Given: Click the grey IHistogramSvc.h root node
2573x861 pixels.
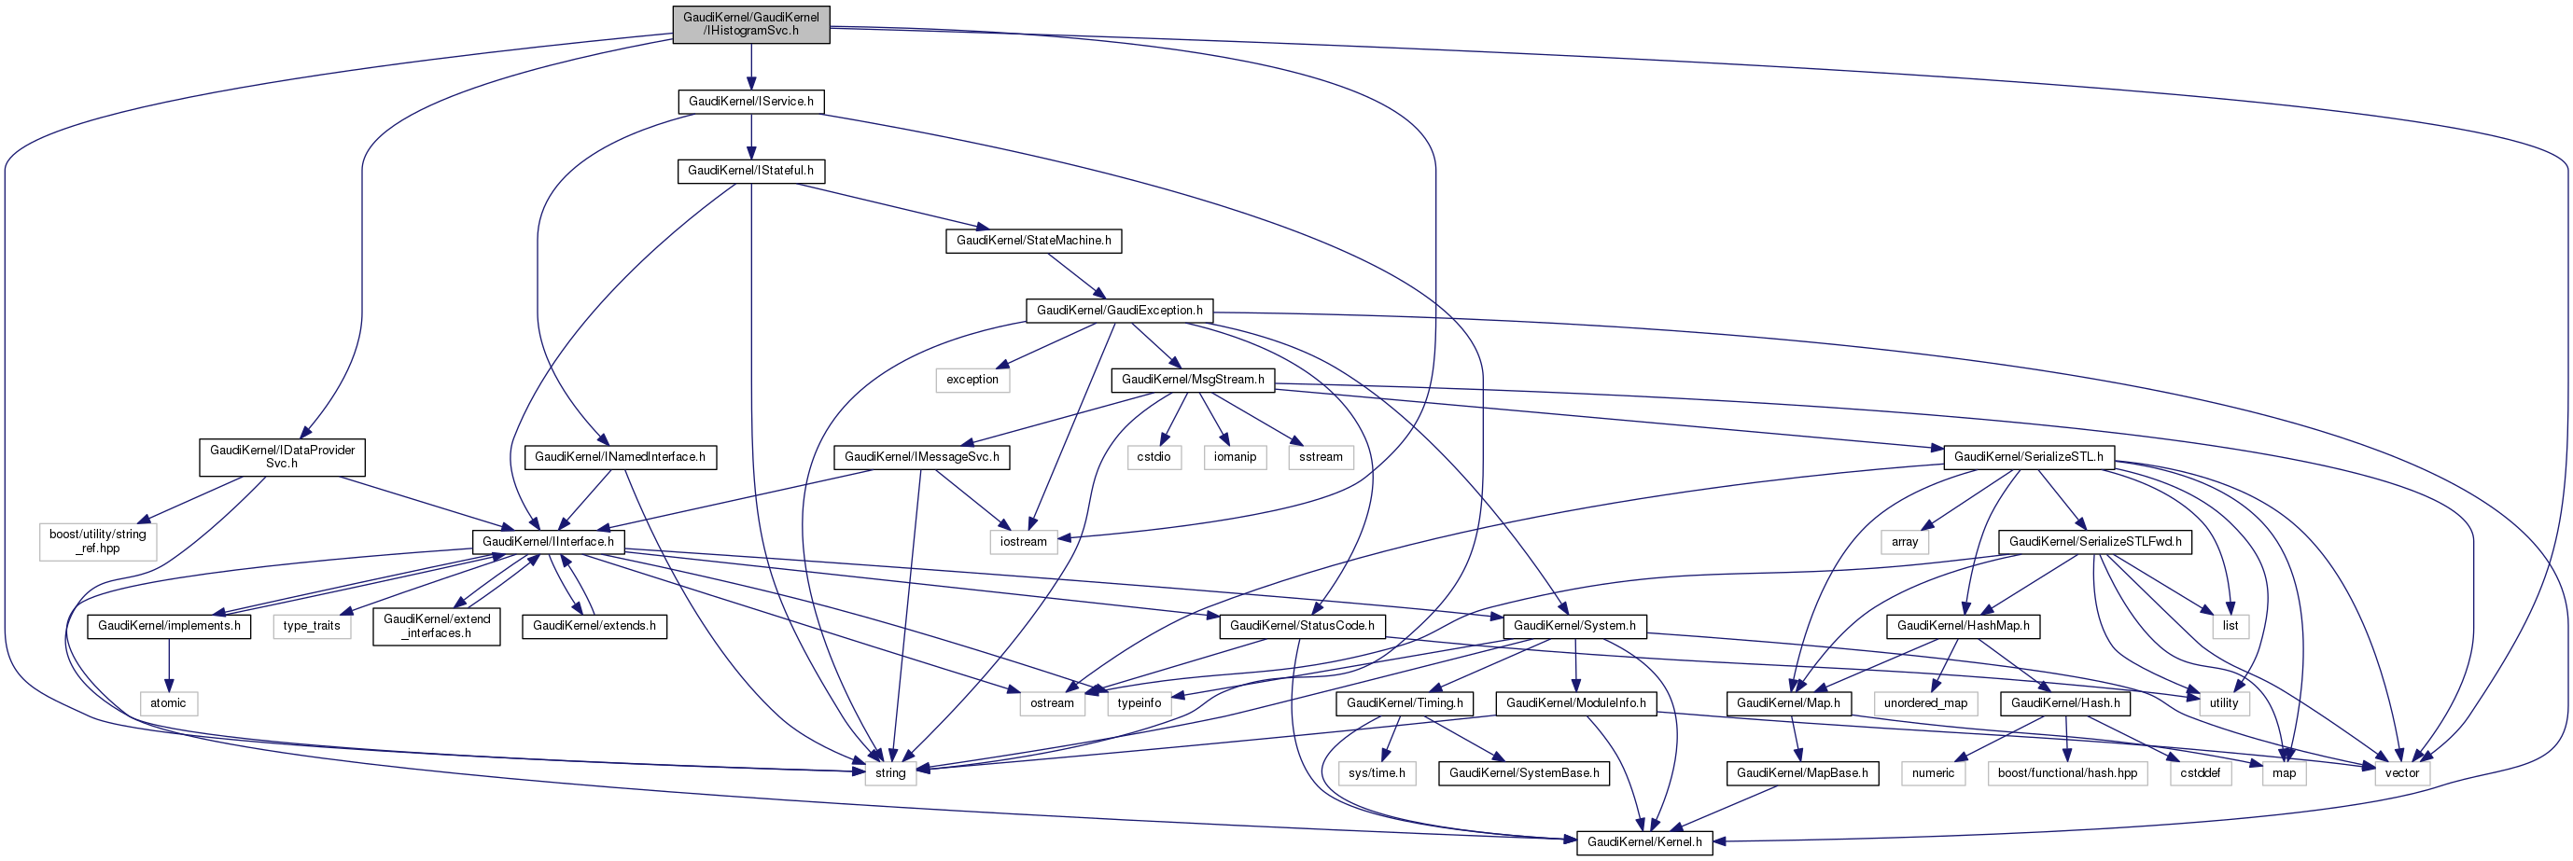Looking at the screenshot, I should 750,24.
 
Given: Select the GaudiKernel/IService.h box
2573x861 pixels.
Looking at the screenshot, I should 750,101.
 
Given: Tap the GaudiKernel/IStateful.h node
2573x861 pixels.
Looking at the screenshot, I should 750,171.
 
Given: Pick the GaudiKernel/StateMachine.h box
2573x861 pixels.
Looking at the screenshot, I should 1033,241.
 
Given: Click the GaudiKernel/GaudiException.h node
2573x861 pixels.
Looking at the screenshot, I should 1119,311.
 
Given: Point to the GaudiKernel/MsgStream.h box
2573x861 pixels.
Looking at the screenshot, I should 1193,380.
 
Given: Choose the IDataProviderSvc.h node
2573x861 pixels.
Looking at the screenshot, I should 282,456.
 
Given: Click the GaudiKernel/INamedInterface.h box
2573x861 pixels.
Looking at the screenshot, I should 620,457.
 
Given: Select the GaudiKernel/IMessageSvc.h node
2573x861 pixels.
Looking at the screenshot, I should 922,457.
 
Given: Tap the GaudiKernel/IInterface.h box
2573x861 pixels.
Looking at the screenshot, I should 548,541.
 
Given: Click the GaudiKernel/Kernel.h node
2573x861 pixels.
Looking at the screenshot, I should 1644,842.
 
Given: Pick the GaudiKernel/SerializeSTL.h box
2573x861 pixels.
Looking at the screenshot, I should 2028,457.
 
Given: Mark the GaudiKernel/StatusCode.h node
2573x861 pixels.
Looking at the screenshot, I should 1302,626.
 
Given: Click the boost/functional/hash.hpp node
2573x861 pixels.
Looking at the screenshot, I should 2066,773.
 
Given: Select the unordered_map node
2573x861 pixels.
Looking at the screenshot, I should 1924,703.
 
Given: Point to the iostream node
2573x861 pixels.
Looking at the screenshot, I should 1023,541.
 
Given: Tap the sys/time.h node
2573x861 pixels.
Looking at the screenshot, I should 1377,773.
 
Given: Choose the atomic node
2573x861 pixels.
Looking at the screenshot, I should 168,703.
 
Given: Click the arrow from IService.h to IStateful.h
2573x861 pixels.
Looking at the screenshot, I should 750,136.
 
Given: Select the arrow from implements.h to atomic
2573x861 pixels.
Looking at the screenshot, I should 169,664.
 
